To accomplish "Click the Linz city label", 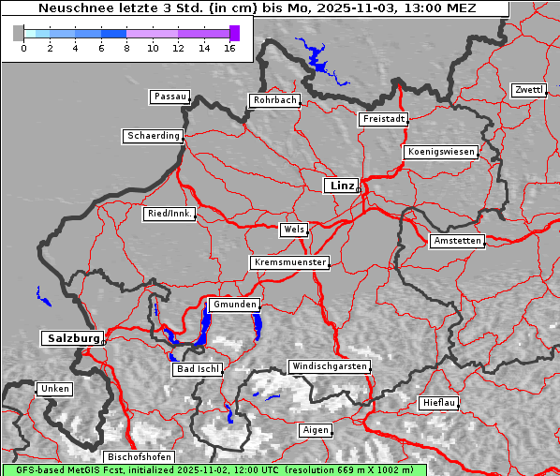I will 341,186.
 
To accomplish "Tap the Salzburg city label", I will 71,338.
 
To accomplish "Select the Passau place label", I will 169,97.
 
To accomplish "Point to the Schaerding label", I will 153,136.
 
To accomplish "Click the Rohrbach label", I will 273,100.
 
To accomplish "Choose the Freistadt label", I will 383,119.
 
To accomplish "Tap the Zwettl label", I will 528,90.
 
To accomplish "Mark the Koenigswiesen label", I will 440,152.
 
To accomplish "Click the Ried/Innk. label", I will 169,214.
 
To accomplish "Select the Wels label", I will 293,230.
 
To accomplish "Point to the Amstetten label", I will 457,241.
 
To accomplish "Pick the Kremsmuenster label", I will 289,262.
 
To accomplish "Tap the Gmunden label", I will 233,305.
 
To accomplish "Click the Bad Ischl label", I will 198,369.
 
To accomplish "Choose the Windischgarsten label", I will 329,366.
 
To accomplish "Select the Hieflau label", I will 439,403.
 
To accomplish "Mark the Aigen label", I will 315,430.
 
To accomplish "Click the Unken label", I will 54,388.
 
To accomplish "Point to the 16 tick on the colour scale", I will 229,47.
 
